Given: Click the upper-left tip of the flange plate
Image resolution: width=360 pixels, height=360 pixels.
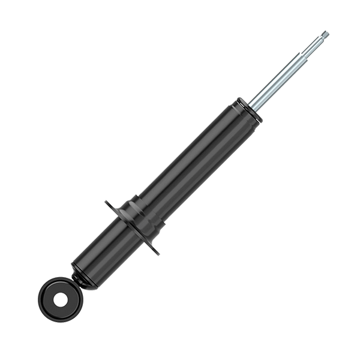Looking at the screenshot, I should coord(107,202).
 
